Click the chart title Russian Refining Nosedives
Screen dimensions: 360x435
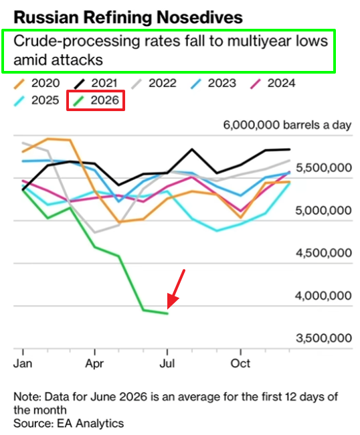click(128, 17)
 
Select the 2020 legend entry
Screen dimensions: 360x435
click(37, 83)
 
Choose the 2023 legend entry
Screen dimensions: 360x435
click(213, 83)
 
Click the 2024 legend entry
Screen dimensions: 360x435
click(272, 83)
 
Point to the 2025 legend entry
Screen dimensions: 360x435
click(37, 100)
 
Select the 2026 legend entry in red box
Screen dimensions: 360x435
click(96, 100)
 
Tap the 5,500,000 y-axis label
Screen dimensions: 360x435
click(324, 167)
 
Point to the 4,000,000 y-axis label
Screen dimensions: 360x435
click(323, 296)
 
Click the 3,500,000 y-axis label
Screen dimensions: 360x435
click(324, 338)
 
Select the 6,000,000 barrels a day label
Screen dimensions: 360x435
click(287, 125)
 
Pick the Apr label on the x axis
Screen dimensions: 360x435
click(94, 363)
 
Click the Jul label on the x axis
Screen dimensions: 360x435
click(167, 363)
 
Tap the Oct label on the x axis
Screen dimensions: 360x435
click(240, 363)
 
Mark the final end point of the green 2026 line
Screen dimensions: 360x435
click(168, 313)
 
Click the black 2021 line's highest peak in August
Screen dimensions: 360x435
click(192, 149)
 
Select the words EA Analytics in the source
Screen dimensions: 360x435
click(90, 424)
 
